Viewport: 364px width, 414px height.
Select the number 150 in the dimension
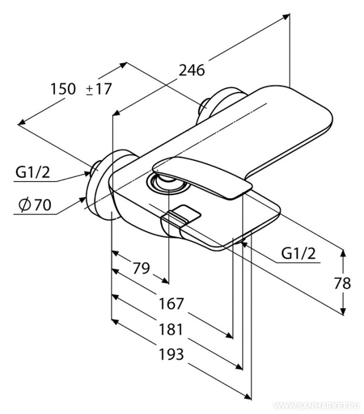click(x=63, y=89)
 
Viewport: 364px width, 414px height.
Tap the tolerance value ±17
click(x=99, y=89)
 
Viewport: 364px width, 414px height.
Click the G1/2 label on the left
click(x=33, y=172)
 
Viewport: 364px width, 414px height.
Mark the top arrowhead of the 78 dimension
click(x=343, y=252)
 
